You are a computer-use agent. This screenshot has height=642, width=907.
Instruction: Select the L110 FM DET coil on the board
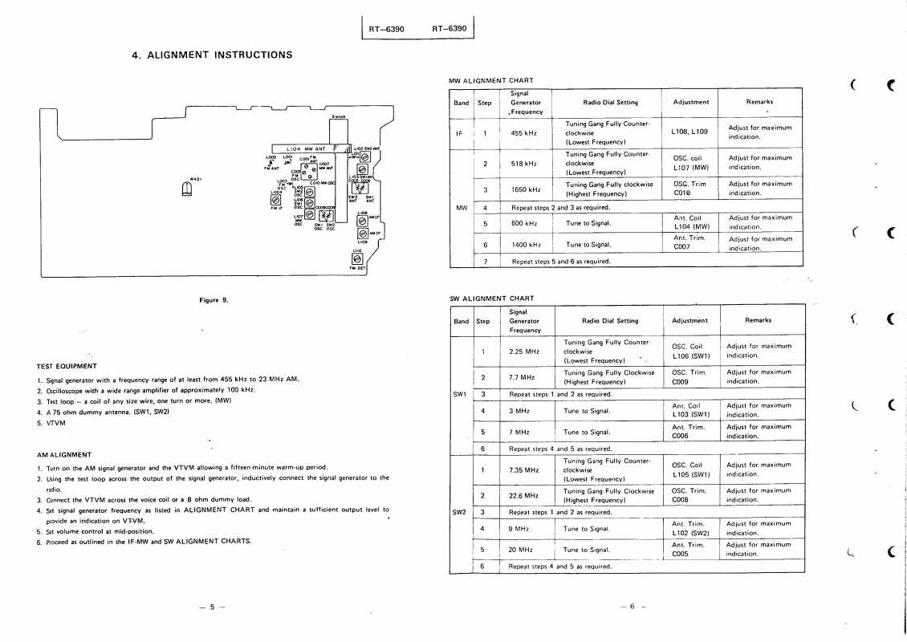(x=357, y=258)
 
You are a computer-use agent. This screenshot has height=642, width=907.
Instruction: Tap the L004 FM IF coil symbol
(x=276, y=199)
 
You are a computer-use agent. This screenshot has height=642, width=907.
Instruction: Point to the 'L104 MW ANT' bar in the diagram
(x=306, y=148)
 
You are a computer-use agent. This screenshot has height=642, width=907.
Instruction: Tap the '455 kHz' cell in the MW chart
(x=524, y=133)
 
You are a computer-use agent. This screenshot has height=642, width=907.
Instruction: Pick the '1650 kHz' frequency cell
(x=525, y=189)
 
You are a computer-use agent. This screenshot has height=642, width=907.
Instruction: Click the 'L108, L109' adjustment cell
(x=689, y=132)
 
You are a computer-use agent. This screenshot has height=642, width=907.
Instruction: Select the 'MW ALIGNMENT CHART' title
(x=490, y=80)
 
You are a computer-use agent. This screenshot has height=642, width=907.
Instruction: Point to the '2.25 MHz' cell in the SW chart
(x=524, y=351)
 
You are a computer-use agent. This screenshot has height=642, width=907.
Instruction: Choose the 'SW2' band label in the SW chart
(x=461, y=510)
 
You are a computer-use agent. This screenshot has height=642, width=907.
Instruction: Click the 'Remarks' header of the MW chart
(x=759, y=103)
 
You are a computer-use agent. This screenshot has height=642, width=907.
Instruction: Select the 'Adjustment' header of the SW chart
(x=689, y=320)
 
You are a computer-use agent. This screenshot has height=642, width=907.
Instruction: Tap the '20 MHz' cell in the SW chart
(x=522, y=550)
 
